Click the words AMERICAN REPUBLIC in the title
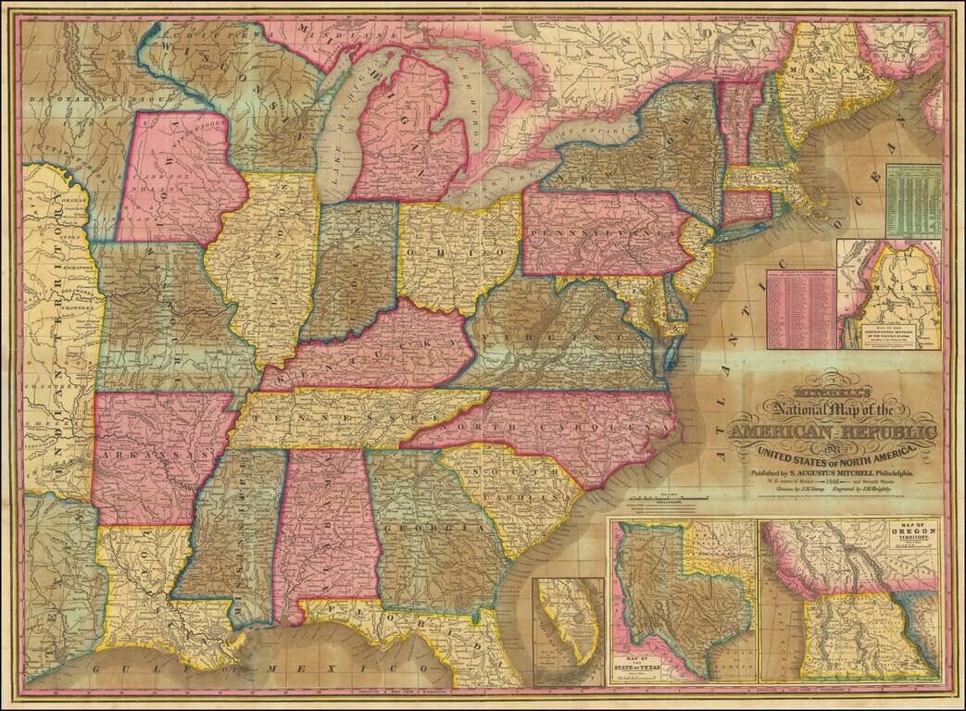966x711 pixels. pos(833,432)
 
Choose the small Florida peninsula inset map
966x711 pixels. pos(568,630)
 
